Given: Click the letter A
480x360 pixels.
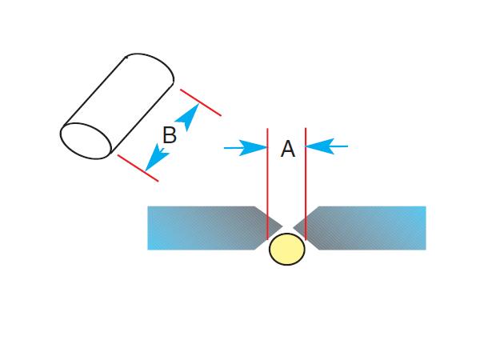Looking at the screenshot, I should coord(287,149).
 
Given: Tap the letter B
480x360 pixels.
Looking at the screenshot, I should coord(169,135).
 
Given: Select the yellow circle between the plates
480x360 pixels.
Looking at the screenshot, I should coord(287,249).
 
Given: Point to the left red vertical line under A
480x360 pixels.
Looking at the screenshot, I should coord(267,184).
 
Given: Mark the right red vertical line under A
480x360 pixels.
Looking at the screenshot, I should coord(306,184).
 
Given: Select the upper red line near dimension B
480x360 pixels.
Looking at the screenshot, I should coord(201,102).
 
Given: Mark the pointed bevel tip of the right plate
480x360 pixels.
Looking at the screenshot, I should coord(294,224).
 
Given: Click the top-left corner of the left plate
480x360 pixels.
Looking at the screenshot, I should coord(149,208).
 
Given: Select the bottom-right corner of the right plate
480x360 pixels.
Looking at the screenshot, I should coord(425,248).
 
